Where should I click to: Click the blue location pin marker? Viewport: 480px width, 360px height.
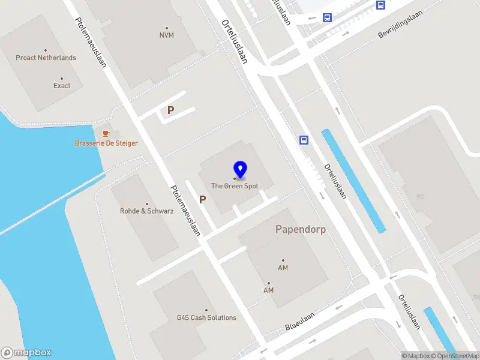point(240,170)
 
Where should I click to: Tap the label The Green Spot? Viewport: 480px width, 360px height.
point(235,186)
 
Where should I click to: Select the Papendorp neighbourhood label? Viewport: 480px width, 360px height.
point(301,229)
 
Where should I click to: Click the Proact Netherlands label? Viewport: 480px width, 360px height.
point(46,58)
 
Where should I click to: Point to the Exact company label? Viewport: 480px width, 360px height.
point(62,85)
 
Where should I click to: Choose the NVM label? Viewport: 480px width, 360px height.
point(167,35)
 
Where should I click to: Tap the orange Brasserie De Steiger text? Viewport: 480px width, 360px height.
point(106,143)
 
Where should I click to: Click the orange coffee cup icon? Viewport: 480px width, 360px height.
point(106,132)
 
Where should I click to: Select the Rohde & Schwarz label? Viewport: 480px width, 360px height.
point(147,211)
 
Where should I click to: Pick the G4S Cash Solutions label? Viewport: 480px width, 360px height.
point(206,317)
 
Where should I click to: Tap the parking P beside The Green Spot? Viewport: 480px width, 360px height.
point(203,199)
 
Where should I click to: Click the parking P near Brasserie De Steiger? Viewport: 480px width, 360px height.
point(171,110)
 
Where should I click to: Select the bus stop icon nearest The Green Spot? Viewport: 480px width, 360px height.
point(304,140)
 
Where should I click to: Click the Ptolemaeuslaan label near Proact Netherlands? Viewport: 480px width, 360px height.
point(91,42)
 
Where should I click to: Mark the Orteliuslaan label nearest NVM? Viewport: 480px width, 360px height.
point(235,41)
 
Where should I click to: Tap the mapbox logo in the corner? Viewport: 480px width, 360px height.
point(26,353)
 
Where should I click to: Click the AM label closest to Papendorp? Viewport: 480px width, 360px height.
point(284,268)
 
